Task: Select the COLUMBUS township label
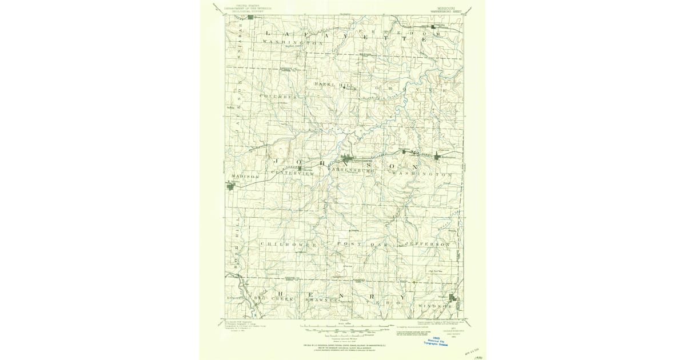[x=278, y=97]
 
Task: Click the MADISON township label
[x=245, y=177]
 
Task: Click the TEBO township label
[x=396, y=298]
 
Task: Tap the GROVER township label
[x=410, y=90]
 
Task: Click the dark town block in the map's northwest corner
[x=250, y=17]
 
